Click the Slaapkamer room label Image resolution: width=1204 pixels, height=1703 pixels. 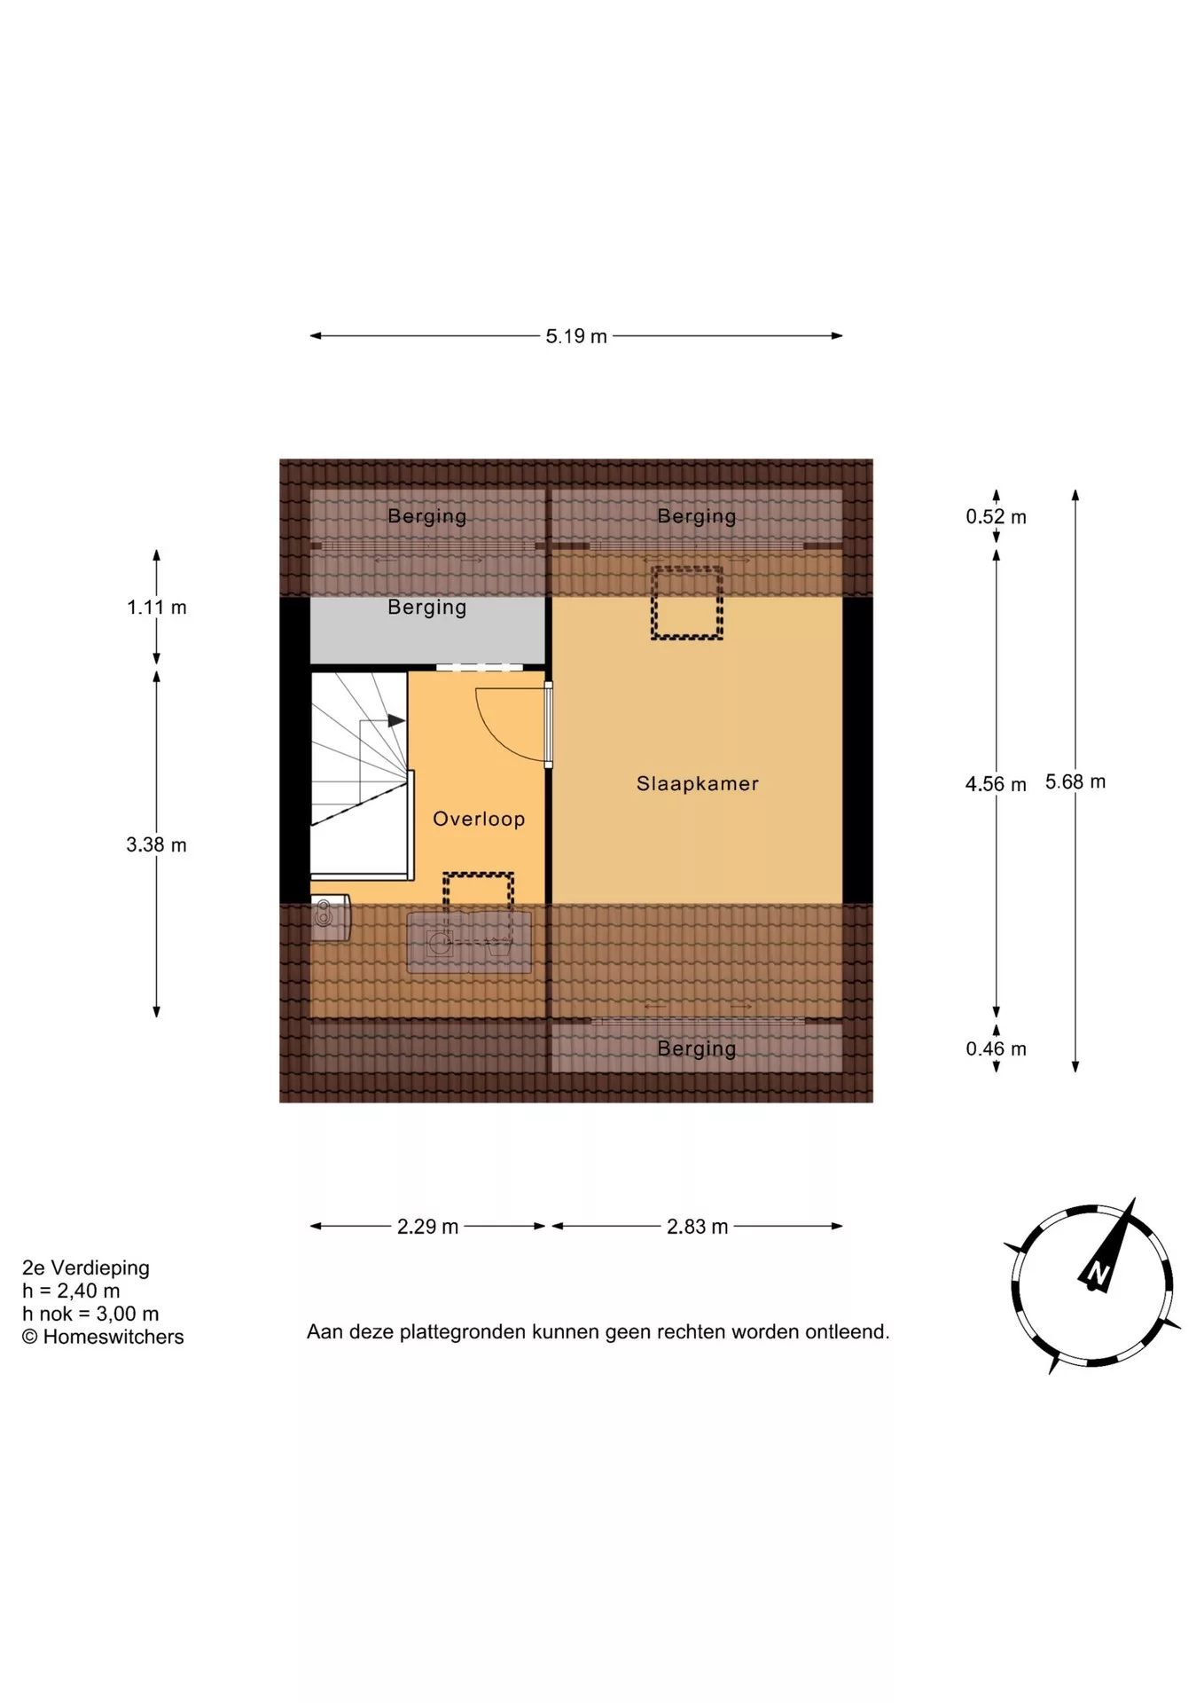tap(697, 783)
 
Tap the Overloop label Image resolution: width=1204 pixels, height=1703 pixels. tap(479, 819)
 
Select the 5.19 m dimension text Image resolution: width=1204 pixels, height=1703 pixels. tap(576, 336)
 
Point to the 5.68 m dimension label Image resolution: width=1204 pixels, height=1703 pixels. tap(1075, 781)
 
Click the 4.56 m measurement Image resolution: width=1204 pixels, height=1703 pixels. tap(996, 784)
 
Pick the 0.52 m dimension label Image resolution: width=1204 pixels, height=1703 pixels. tap(996, 516)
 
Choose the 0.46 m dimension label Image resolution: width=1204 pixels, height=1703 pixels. tap(996, 1048)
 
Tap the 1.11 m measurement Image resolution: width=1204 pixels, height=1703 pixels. tap(157, 608)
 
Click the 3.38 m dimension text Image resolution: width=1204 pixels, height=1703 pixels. tap(156, 844)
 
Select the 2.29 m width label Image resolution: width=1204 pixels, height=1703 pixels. tap(427, 1227)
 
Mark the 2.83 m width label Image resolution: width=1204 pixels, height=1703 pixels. tap(697, 1227)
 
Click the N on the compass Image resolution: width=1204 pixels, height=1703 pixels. tap(1098, 1274)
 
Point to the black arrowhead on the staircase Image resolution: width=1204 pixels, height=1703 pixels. tap(396, 721)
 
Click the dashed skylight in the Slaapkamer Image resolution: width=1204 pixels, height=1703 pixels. tap(687, 603)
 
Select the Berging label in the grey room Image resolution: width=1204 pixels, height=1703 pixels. tap(426, 608)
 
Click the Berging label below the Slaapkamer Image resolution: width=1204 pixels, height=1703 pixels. tap(696, 1048)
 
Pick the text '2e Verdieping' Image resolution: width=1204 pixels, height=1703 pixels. tap(86, 1267)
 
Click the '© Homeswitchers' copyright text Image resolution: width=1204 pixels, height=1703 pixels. tap(103, 1337)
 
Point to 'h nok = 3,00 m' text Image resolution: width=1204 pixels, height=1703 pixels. tap(90, 1314)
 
